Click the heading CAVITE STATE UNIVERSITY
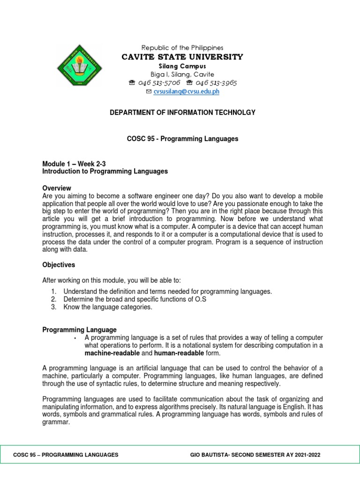click(x=182, y=57)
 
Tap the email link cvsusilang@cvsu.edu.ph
click(x=186, y=92)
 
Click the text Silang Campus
click(x=182, y=66)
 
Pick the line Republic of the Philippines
click(x=182, y=48)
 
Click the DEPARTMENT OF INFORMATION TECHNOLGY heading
click(x=182, y=112)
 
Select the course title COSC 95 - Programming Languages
click(x=182, y=139)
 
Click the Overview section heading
click(x=57, y=188)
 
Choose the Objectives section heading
click(x=59, y=265)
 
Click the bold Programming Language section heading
click(x=80, y=330)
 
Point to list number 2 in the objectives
click(x=54, y=299)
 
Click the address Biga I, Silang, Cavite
click(x=182, y=75)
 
